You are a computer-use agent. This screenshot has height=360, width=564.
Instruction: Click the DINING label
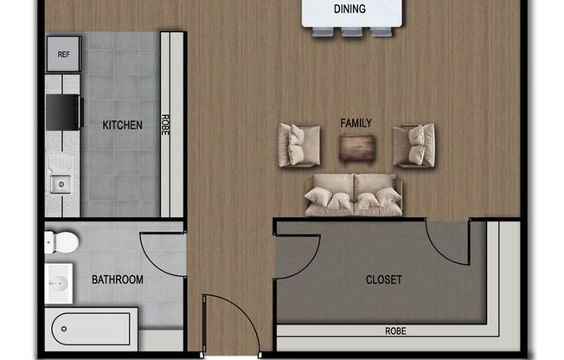(349, 10)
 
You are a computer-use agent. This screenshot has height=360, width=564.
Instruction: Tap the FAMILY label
(356, 123)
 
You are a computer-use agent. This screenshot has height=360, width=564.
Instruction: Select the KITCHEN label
(123, 125)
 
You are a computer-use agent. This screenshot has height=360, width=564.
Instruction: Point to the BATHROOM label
(118, 280)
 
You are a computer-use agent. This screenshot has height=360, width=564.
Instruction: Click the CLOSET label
(384, 280)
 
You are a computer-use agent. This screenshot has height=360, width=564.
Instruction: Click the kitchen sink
(61, 183)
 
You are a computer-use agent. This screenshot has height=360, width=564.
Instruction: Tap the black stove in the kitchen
(63, 112)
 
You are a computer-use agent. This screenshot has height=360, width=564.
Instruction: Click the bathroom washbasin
(59, 283)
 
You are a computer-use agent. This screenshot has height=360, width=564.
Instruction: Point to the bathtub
(90, 330)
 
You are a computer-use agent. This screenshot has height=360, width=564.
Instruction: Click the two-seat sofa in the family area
(354, 195)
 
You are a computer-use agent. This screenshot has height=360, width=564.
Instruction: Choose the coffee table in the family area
(356, 148)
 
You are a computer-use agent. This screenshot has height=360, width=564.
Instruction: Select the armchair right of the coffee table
(413, 145)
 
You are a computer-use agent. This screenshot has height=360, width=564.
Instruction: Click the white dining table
(349, 13)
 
